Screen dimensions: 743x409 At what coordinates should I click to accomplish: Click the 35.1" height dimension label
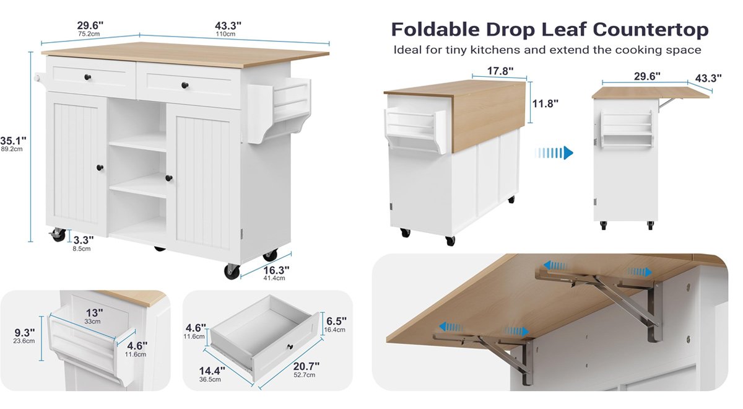13,141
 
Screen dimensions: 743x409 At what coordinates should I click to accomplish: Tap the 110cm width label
225,34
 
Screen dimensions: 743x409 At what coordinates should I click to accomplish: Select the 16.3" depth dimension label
276,270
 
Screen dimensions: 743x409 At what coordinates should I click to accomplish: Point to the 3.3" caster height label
83,240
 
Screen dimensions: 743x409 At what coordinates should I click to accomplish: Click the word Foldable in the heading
435,30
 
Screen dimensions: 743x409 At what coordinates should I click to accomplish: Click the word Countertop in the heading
651,30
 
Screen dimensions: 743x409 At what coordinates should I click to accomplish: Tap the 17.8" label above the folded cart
500,71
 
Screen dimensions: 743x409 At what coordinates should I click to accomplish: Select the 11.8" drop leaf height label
545,103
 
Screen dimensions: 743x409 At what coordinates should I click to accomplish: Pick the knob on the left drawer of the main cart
87,77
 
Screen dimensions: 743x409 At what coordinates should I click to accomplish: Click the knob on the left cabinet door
100,168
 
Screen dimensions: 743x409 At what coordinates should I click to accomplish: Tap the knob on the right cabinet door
169,178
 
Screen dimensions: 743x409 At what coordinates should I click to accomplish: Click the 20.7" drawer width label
306,366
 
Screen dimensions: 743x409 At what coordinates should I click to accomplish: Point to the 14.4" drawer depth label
212,371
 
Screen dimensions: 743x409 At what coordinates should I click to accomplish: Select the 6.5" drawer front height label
336,321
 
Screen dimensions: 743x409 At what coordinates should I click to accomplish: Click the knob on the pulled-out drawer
290,346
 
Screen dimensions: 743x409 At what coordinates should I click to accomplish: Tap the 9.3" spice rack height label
25,332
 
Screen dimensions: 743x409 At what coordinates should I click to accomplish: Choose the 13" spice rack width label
95,313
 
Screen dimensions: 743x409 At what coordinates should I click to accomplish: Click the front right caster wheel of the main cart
232,271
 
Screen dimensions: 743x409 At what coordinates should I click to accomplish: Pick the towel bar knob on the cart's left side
37,78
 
